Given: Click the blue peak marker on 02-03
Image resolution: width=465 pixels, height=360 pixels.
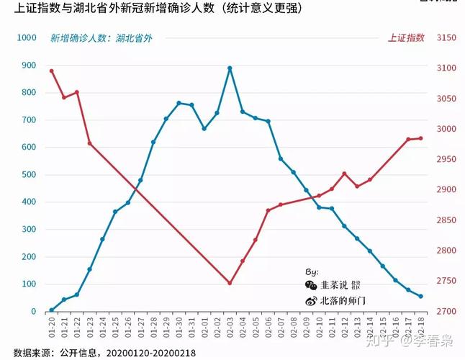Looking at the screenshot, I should pyautogui.click(x=230, y=68).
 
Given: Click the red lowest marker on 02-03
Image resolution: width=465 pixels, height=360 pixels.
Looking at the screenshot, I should pyautogui.click(x=230, y=283).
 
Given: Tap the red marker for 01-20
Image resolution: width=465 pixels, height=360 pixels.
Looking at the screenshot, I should pyautogui.click(x=51, y=71).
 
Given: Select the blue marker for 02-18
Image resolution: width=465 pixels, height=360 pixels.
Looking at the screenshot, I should pyautogui.click(x=421, y=297).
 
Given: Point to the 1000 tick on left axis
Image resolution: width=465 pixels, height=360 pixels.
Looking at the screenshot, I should pyautogui.click(x=27, y=37).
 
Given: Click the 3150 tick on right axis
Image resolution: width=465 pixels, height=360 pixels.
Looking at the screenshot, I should pyautogui.click(x=447, y=37).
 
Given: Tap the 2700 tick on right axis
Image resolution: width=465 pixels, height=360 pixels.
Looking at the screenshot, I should pyautogui.click(x=447, y=312).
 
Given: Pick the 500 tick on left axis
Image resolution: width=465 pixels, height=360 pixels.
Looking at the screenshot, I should pyautogui.click(x=29, y=175).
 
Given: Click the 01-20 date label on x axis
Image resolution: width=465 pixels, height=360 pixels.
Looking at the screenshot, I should pyautogui.click(x=52, y=328).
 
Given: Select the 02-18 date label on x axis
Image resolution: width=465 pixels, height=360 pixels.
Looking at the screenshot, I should pyautogui.click(x=422, y=328).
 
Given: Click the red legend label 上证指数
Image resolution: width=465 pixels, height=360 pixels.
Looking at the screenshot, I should pyautogui.click(x=406, y=37).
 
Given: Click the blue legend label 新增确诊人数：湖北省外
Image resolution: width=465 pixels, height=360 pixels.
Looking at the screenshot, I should pyautogui.click(x=101, y=37).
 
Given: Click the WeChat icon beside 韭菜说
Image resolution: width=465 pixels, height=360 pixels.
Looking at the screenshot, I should pyautogui.click(x=310, y=286).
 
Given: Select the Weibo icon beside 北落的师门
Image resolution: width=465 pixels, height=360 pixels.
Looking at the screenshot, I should pyautogui.click(x=310, y=301).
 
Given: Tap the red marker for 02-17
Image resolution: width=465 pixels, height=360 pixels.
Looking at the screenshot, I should pyautogui.click(x=408, y=139).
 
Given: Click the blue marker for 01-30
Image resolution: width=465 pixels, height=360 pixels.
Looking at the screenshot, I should pyautogui.click(x=179, y=103).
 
